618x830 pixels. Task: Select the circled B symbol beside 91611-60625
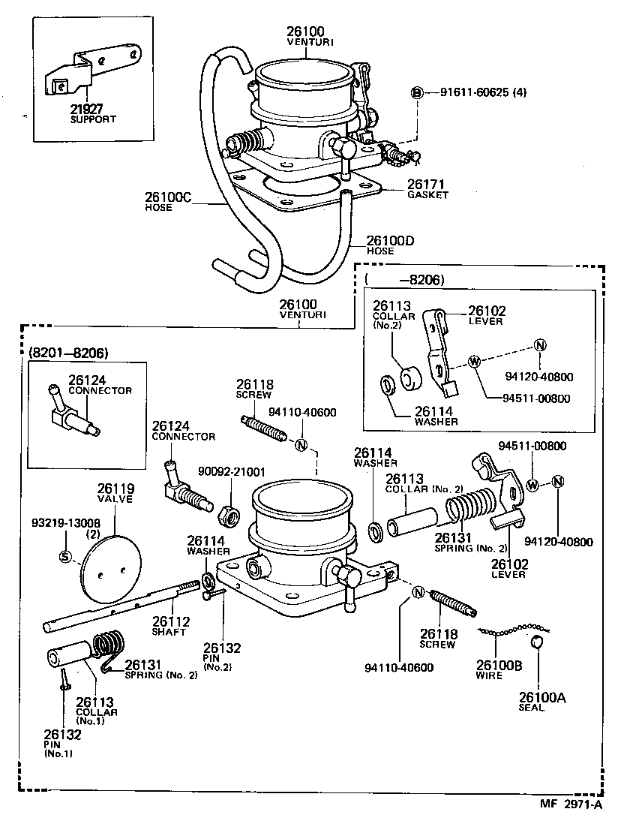417,92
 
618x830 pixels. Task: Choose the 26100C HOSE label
168,201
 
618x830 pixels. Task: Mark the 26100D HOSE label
390,245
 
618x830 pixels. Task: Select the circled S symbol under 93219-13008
64,556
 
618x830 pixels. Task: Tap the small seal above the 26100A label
537,642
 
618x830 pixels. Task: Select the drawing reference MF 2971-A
571,804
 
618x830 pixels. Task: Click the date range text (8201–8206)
68,352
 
